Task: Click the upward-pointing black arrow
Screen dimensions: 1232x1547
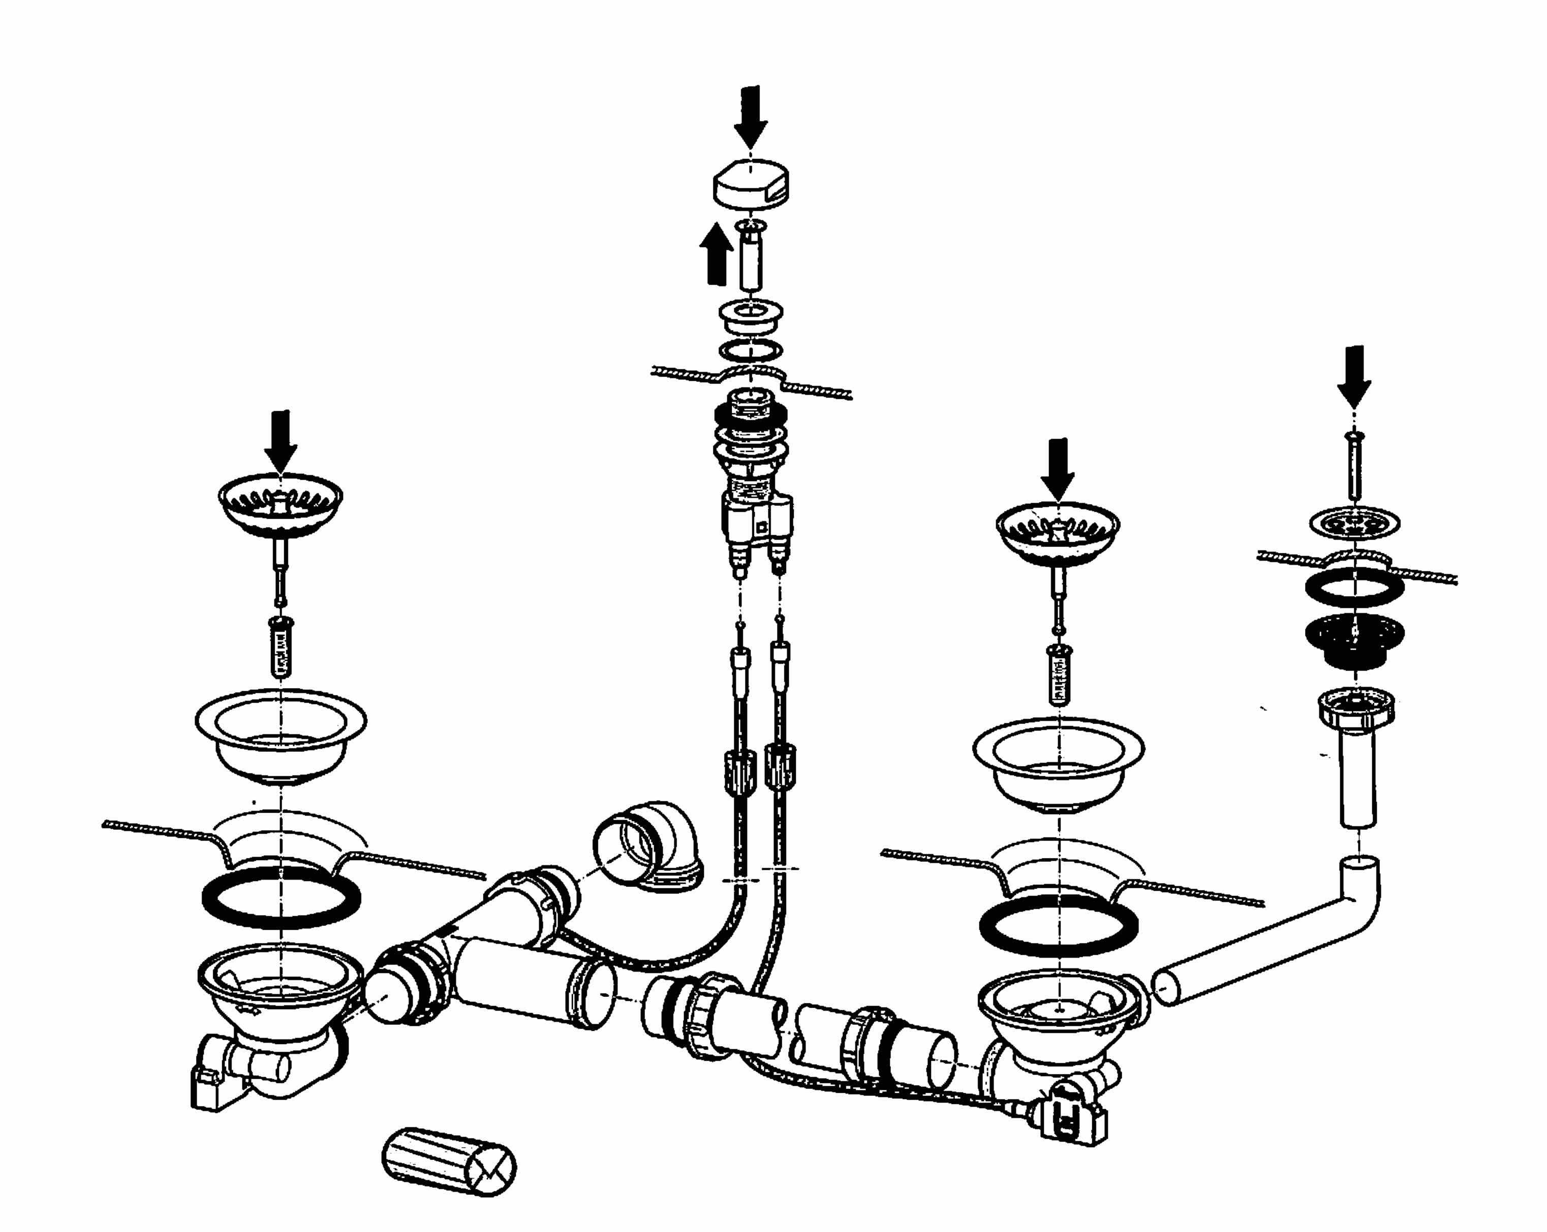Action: coord(716,254)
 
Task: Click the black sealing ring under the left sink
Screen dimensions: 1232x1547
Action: coord(281,897)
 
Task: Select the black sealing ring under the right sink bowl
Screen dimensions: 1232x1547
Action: coord(1059,926)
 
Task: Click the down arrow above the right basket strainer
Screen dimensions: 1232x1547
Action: coord(1059,468)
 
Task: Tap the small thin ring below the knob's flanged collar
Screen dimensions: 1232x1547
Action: coord(751,351)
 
